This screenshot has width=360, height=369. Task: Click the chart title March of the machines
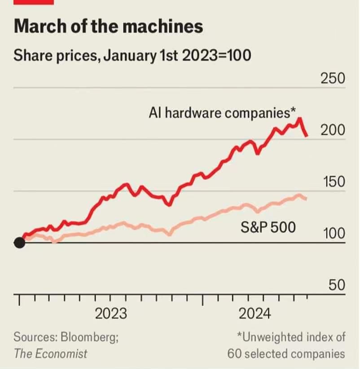coord(108,27)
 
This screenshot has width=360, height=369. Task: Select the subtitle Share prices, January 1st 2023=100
coord(132,57)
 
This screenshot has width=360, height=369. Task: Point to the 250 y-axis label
coord(333,79)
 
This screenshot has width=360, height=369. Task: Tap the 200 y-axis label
coord(333,130)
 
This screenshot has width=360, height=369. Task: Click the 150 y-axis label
coord(333,182)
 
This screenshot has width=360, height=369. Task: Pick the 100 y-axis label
coord(333,234)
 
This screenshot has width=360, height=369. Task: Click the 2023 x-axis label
coord(111,313)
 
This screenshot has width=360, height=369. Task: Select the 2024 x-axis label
coord(255,313)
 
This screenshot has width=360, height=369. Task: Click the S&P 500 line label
coord(268,227)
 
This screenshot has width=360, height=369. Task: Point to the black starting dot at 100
coord(19,243)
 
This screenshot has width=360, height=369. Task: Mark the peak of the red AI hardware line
coord(299,119)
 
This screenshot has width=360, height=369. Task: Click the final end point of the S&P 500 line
coord(306,199)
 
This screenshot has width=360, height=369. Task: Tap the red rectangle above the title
coord(34,2)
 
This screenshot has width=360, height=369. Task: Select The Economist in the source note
coord(50,353)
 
